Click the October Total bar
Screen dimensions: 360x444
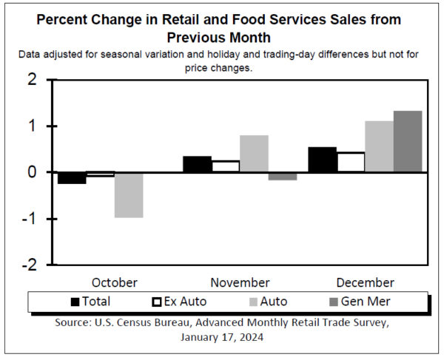click(72, 177)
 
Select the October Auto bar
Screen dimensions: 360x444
click(129, 194)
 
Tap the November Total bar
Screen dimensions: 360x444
click(196, 164)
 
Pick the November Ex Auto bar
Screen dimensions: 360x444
click(225, 166)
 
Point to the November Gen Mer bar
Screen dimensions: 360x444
click(282, 176)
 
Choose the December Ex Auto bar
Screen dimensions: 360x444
click(350, 163)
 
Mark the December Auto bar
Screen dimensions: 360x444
click(379, 146)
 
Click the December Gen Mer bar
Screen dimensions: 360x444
click(407, 141)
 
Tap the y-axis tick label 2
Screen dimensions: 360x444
click(32, 81)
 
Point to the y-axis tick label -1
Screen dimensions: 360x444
click(29, 219)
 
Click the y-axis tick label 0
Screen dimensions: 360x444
click(32, 172)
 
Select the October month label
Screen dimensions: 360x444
click(115, 282)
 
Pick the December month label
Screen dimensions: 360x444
click(365, 282)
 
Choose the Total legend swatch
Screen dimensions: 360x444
click(75, 302)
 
